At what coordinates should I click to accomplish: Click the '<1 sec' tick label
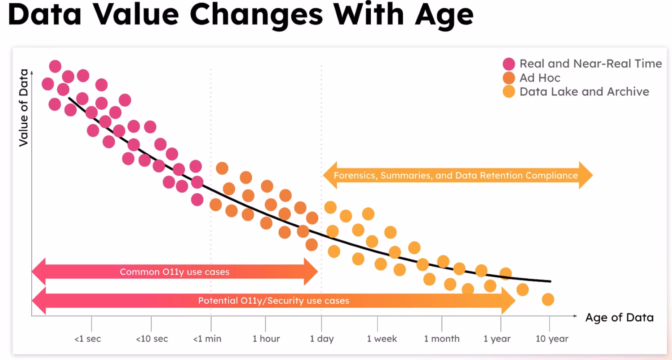pos(88,339)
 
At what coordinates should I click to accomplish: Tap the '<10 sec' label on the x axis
pos(152,339)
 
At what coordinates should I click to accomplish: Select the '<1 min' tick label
pos(207,339)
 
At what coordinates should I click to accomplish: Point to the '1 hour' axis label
pos(266,339)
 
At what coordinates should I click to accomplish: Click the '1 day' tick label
pos(322,339)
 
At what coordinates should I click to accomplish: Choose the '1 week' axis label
pos(382,339)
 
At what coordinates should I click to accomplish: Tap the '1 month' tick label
pos(442,339)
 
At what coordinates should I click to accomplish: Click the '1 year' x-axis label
pos(497,339)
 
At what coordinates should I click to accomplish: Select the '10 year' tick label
pos(552,339)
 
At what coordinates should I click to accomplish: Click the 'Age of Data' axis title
pos(619,317)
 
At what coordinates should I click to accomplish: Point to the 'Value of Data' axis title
pos(23,107)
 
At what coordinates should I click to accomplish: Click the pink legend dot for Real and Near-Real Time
pos(509,64)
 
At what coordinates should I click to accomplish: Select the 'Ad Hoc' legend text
pos(540,78)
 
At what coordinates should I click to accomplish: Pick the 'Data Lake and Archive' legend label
pos(584,92)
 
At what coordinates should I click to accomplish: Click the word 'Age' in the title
pos(444,15)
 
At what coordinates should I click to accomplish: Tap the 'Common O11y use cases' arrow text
pos(174,272)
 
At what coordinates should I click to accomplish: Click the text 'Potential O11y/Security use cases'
pos(274,300)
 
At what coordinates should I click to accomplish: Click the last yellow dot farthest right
pos(548,299)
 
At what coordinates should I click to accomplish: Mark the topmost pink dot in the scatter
pos(55,66)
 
